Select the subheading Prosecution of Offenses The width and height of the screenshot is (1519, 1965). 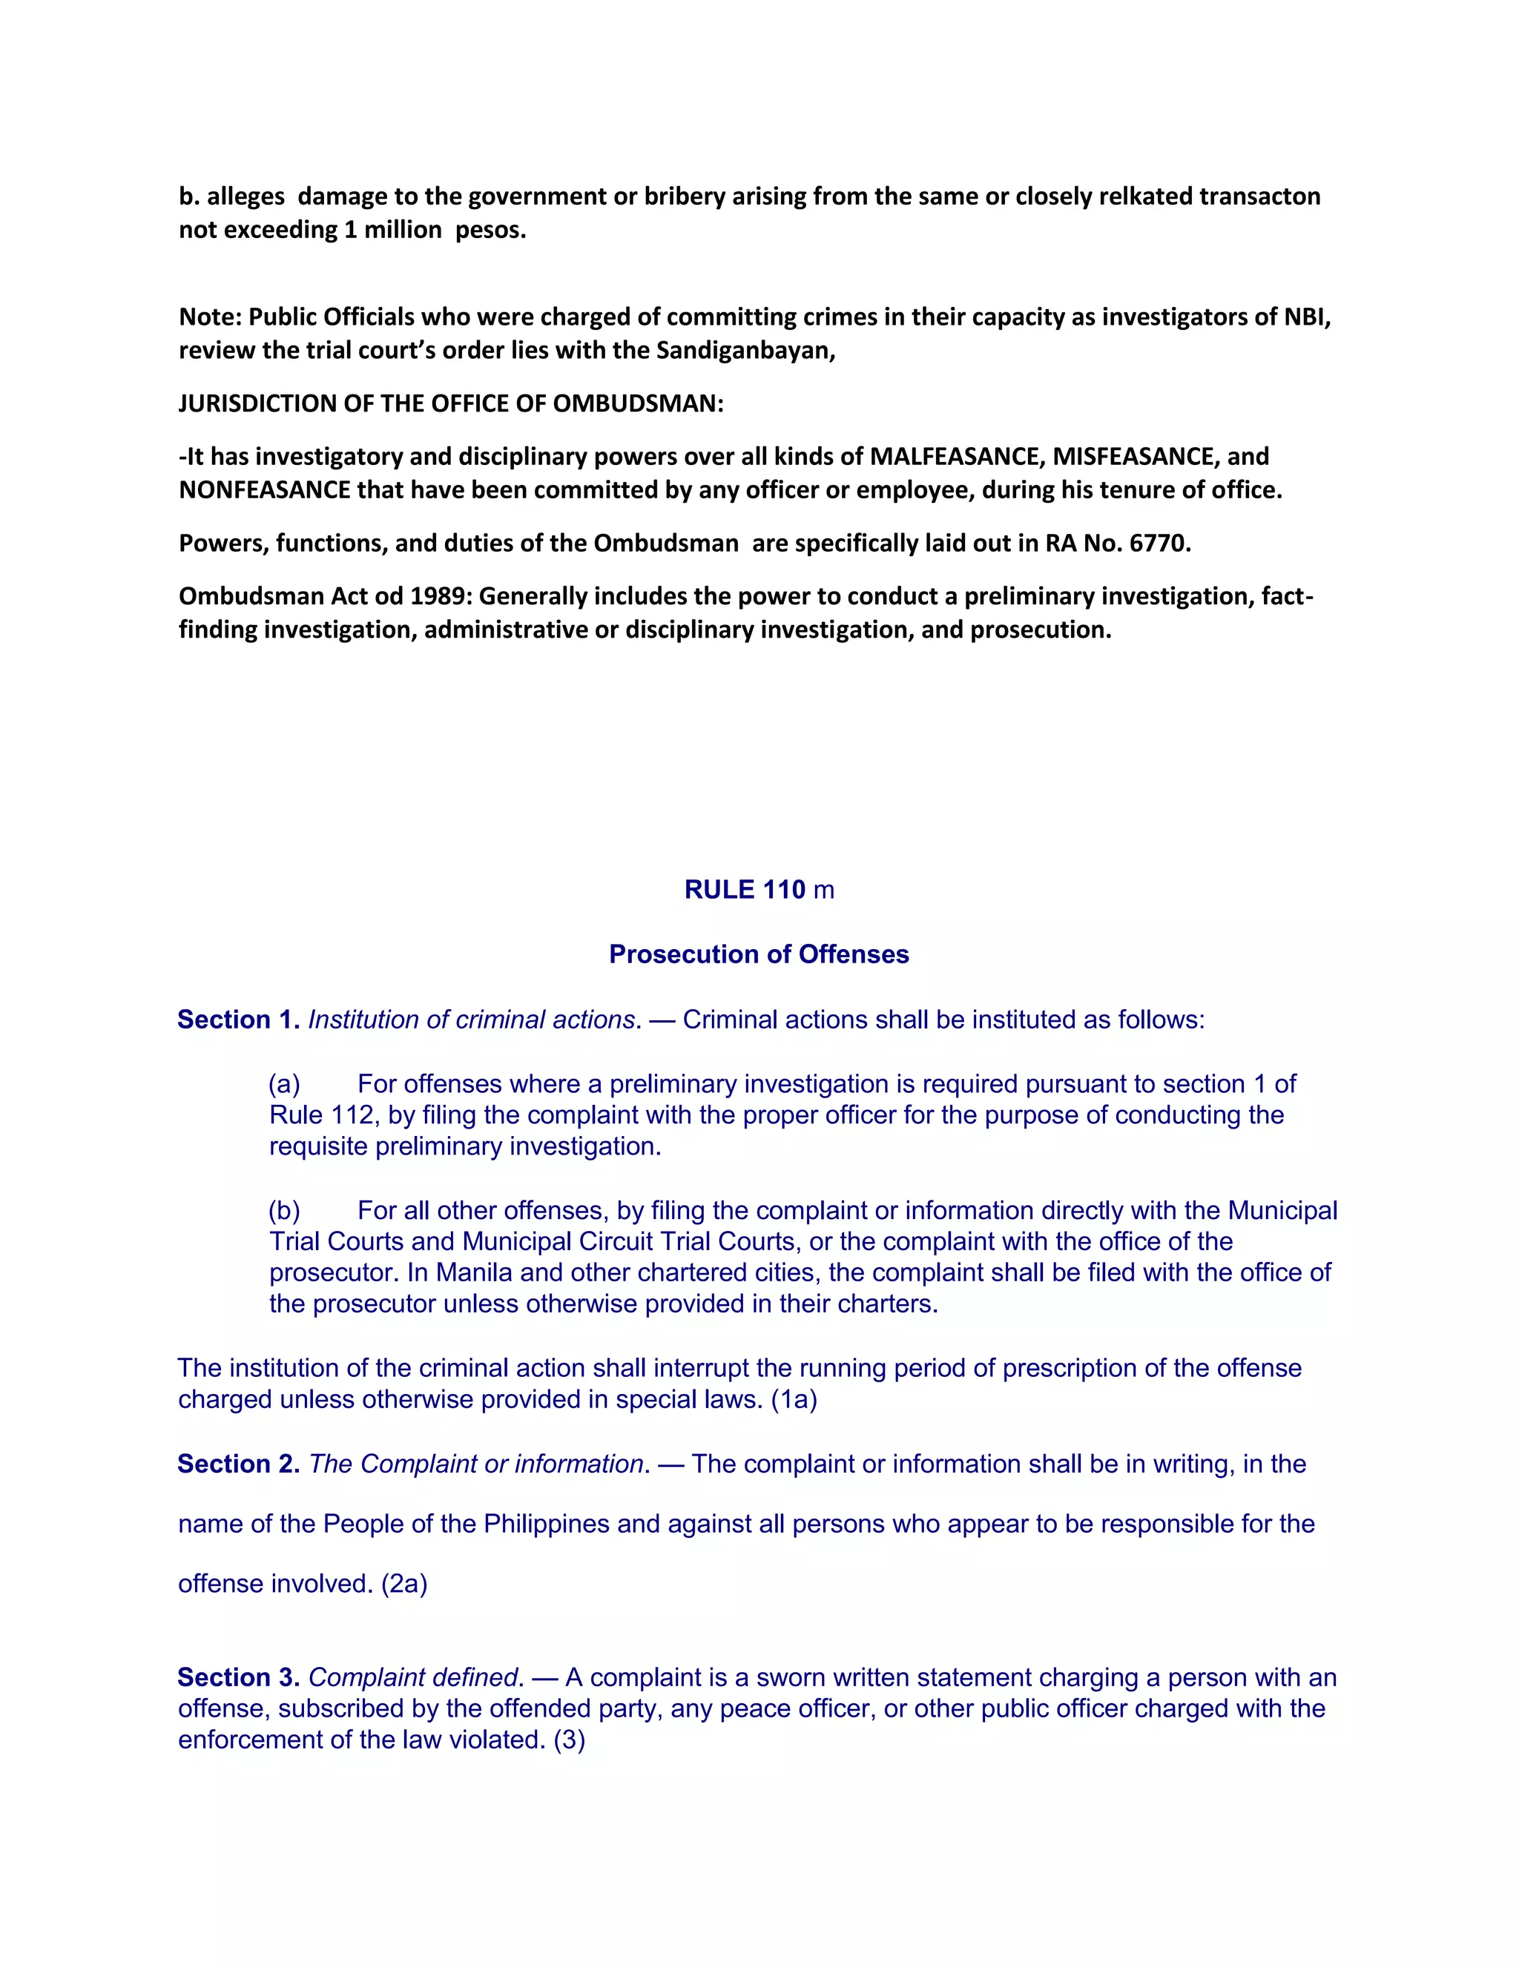(759, 954)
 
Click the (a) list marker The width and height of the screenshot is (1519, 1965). (284, 1083)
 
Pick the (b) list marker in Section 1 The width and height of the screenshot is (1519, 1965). (284, 1210)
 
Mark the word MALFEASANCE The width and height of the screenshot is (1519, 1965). (955, 456)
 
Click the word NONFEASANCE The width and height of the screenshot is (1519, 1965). (265, 490)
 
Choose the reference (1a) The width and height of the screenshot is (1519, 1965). (794, 1399)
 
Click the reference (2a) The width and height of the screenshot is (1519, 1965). (404, 1584)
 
